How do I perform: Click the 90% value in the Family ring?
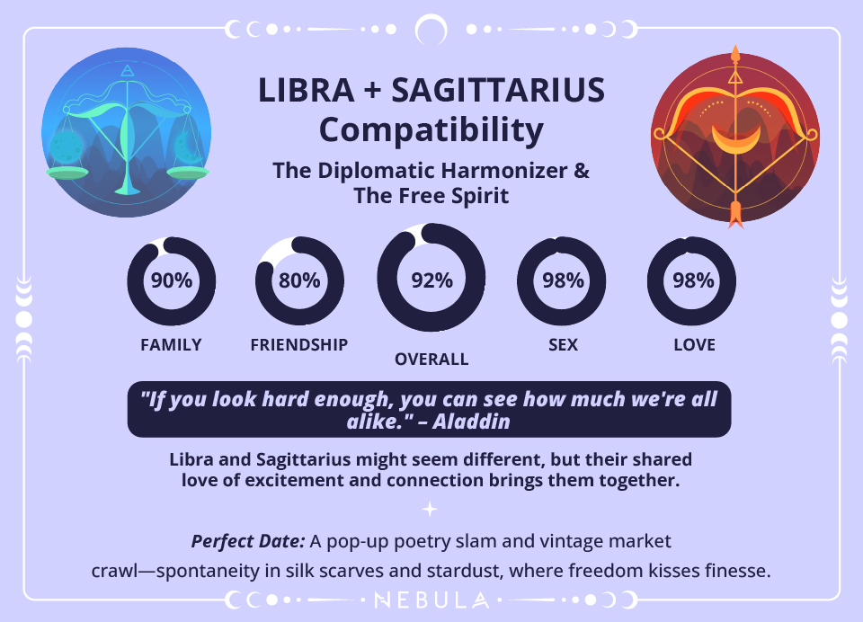[x=172, y=280]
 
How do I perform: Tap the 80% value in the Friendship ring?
[x=299, y=280]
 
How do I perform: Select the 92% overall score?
[x=431, y=280]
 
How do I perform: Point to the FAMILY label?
[x=171, y=345]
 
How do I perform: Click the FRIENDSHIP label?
[x=299, y=345]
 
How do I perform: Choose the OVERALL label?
[x=431, y=360]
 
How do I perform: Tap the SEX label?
[x=563, y=345]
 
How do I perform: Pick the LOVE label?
[x=694, y=345]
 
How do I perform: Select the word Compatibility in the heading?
[x=431, y=129]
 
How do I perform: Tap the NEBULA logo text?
[x=431, y=600]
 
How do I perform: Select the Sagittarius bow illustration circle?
[x=735, y=137]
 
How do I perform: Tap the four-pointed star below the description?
[x=431, y=510]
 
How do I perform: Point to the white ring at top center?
[x=431, y=30]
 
